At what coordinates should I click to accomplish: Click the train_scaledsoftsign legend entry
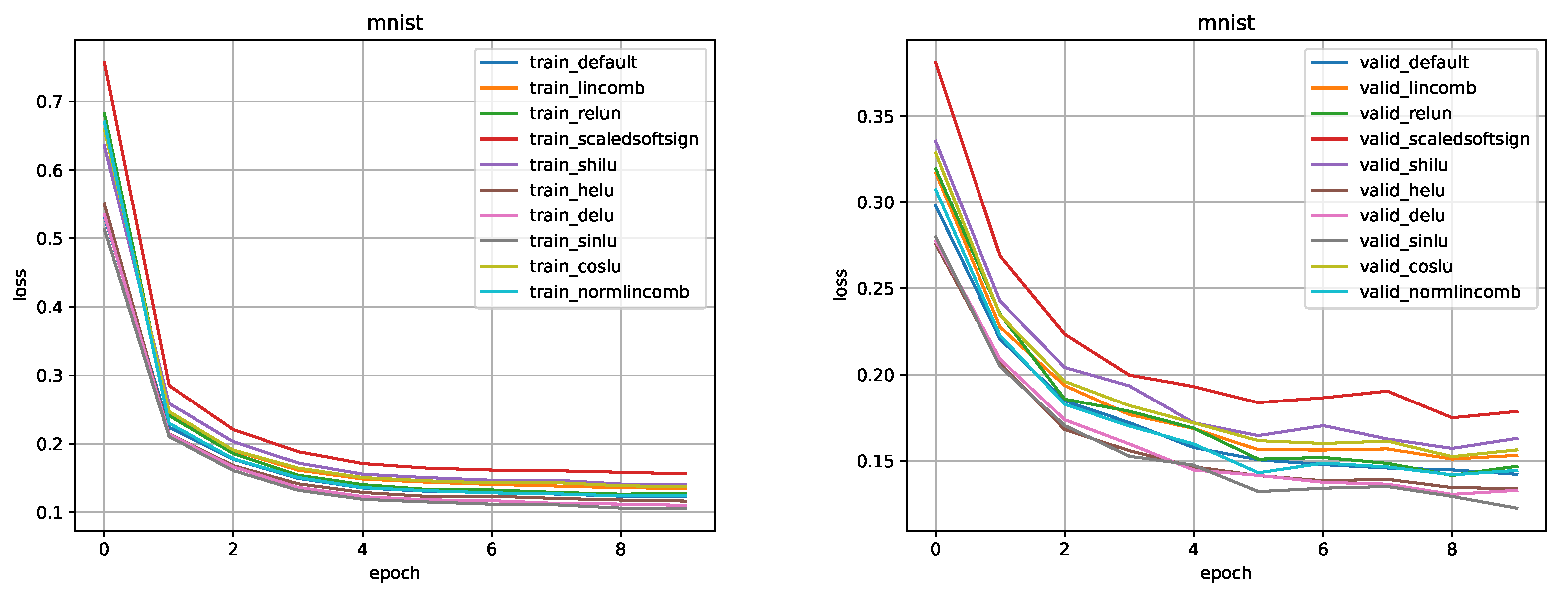tap(613, 139)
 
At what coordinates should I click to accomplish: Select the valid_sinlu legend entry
tap(1403, 241)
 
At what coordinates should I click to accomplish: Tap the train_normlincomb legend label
tap(609, 292)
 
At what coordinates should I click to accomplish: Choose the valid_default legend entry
tap(1414, 63)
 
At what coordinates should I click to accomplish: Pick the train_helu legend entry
tap(571, 190)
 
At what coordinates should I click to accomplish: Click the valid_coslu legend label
tap(1406, 267)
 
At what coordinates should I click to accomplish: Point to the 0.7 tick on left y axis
tap(49, 102)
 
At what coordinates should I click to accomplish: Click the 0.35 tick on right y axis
tap(874, 116)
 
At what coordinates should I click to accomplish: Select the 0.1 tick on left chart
tap(49, 512)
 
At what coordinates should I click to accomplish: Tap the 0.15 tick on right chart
tap(874, 461)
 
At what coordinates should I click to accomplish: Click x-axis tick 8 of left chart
tap(620, 550)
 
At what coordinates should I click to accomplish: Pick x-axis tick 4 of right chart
tap(1193, 550)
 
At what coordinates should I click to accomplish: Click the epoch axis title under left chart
tap(394, 573)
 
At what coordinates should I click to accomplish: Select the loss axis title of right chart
tap(840, 284)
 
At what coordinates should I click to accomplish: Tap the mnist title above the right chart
tap(1225, 23)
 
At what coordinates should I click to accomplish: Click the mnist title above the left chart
tap(394, 23)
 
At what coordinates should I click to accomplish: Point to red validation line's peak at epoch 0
tap(936, 62)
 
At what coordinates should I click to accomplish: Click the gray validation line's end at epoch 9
tap(1518, 508)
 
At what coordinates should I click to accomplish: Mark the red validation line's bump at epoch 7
tap(1387, 391)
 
